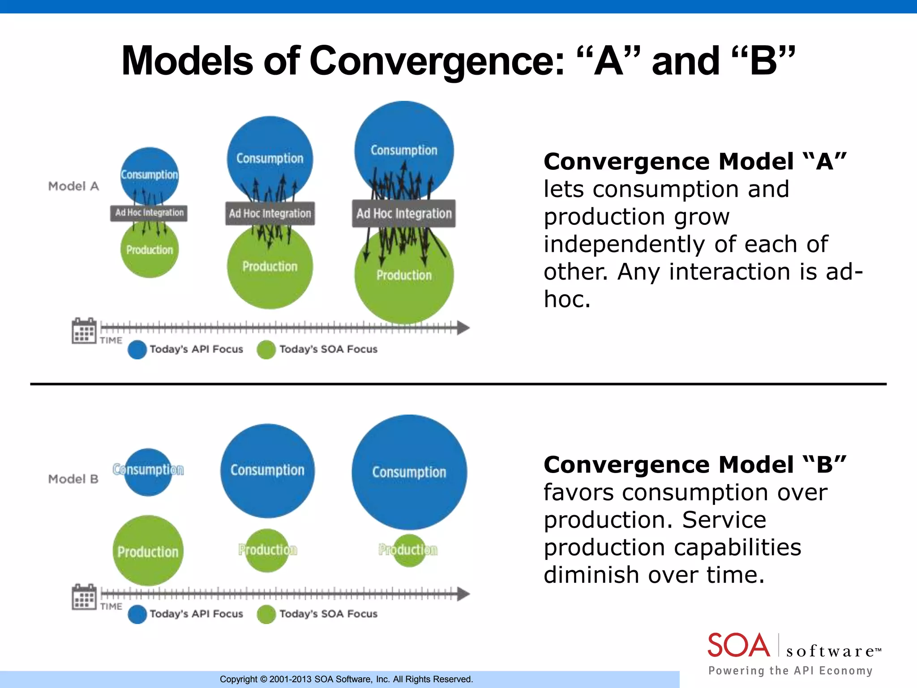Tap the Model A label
[x=73, y=186]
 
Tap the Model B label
[x=73, y=479]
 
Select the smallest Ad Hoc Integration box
[x=149, y=212]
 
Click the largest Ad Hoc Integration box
[x=404, y=213]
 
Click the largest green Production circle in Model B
[x=148, y=551]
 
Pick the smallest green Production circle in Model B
[x=408, y=550]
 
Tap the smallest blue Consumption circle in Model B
[x=148, y=473]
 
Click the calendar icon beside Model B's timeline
[x=84, y=597]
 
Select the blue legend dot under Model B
[x=137, y=614]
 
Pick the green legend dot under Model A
[x=266, y=350]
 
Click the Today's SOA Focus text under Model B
[x=328, y=614]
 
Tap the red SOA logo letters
[x=738, y=645]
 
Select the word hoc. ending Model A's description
[x=567, y=299]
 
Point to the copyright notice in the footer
[x=346, y=679]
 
